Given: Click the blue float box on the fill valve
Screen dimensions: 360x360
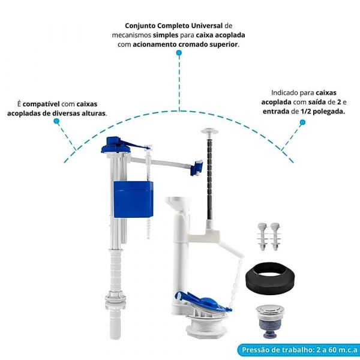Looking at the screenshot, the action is coord(133,199).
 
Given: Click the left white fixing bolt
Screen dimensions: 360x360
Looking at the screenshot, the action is coord(262,236).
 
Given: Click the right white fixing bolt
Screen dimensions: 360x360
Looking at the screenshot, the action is coord(275,236).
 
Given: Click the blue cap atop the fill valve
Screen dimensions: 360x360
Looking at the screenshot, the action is coord(116,145).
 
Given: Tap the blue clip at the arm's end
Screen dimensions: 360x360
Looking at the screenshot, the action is coord(196,167).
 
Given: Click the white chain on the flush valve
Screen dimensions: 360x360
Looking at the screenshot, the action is coord(236,283).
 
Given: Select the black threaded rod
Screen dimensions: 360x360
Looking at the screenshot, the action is coord(210,177).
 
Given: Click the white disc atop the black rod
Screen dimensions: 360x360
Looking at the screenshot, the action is coord(210,131).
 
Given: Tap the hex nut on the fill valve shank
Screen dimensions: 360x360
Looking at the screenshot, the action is coord(115,295).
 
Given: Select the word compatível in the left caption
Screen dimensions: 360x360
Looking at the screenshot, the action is coord(41,104).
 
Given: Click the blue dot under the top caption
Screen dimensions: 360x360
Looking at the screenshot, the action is coord(179,53).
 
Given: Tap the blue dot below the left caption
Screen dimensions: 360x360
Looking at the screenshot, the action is coord(56,121).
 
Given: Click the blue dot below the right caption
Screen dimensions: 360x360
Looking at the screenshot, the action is coord(302,122).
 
